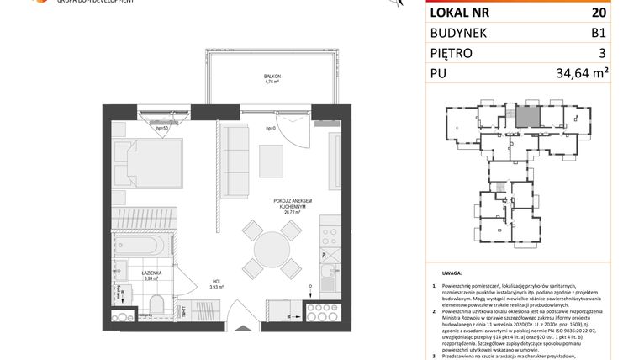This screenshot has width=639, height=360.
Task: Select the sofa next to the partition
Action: click(238, 161)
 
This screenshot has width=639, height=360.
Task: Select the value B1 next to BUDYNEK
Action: click(598, 34)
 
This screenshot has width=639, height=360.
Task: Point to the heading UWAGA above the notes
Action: click(451, 273)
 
